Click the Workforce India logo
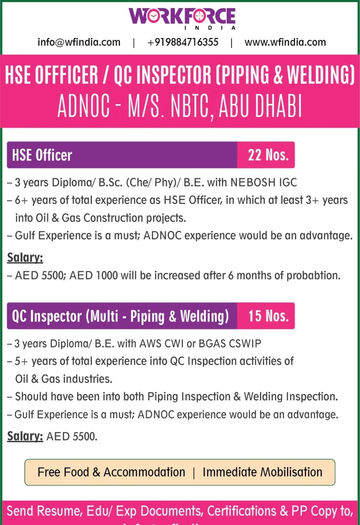pyautogui.click(x=182, y=18)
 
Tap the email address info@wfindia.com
pyautogui.click(x=79, y=42)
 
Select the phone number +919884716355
pyautogui.click(x=183, y=42)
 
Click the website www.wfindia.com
pyautogui.click(x=285, y=42)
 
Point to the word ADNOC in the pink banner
pyautogui.click(x=84, y=107)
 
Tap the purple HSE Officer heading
pyautogui.click(x=42, y=155)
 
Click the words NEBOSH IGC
pyautogui.click(x=264, y=182)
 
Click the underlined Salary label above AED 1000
pyautogui.click(x=25, y=258)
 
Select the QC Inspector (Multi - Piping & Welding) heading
pyautogui.click(x=121, y=316)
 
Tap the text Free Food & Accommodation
pyautogui.click(x=111, y=472)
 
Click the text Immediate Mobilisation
pyautogui.click(x=262, y=472)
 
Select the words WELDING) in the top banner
pyautogui.click(x=321, y=75)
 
